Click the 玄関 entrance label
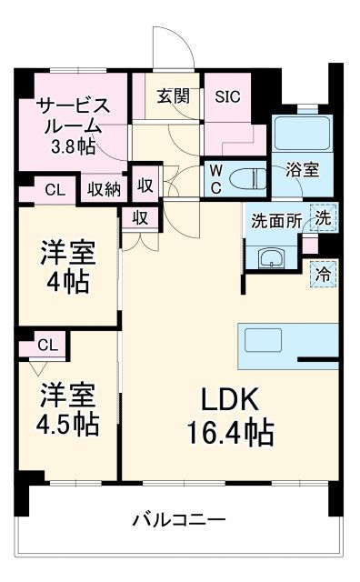tap(173, 96)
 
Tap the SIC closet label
tap(227, 96)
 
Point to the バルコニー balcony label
tap(178, 519)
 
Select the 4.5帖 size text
tap(68, 423)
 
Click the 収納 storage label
tap(104, 189)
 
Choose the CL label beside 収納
tap(55, 190)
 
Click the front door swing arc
tap(172, 41)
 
